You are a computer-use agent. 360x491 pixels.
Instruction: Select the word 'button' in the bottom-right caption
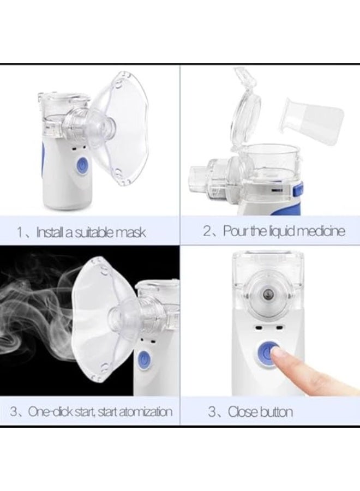275,411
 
